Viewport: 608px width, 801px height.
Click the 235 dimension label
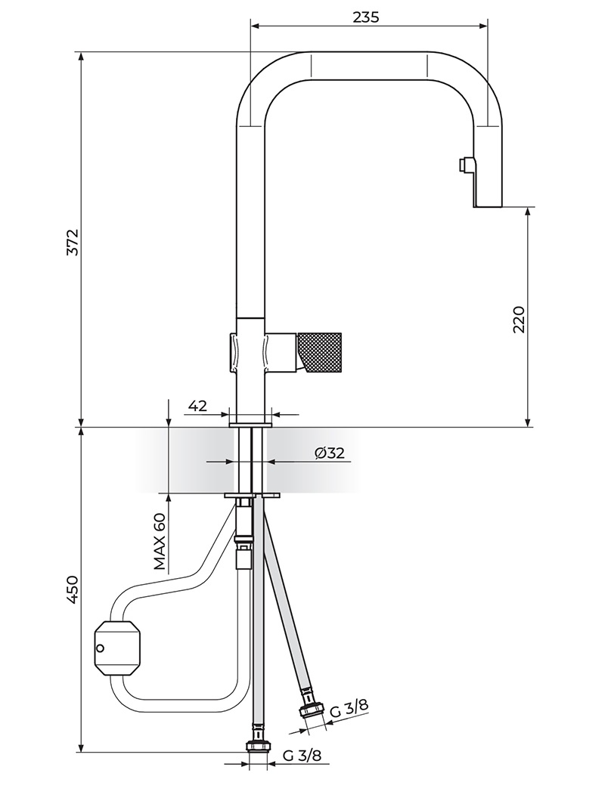click(366, 17)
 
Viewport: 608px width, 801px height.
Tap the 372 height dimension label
click(73, 242)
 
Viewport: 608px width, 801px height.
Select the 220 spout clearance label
click(519, 320)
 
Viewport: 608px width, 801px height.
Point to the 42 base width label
click(198, 406)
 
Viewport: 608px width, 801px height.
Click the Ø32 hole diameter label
click(330, 453)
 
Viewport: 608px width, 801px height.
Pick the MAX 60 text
click(160, 542)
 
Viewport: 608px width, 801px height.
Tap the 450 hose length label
click(73, 590)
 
